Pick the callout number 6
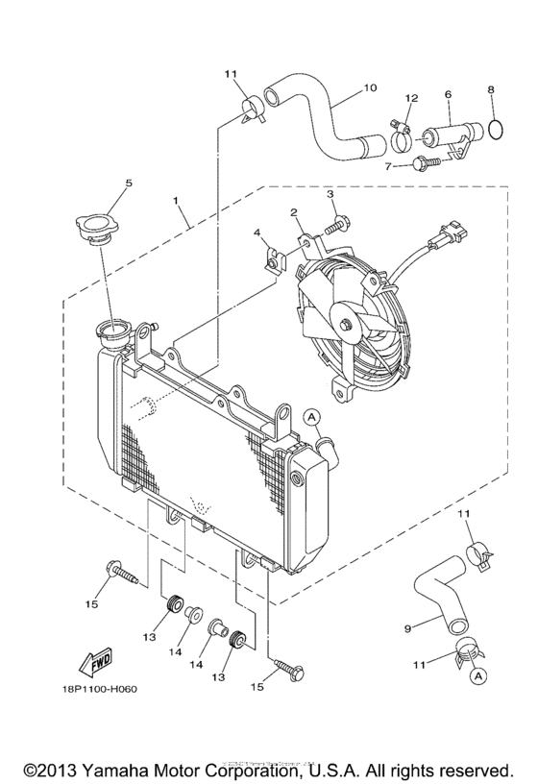click(x=448, y=95)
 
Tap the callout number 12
click(x=410, y=99)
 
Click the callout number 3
click(x=330, y=195)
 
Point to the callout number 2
click(x=294, y=213)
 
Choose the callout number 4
click(x=257, y=233)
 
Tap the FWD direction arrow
click(x=98, y=663)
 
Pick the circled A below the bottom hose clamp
click(x=476, y=677)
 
